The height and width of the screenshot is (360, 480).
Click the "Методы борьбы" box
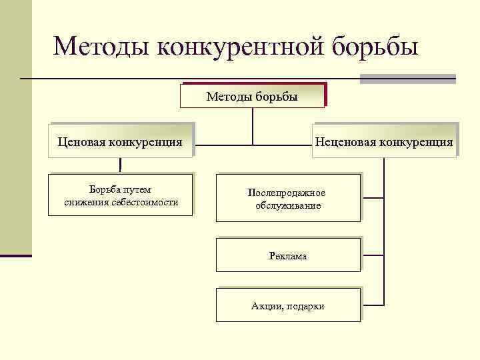(x=252, y=97)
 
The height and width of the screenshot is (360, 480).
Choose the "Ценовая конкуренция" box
(x=120, y=141)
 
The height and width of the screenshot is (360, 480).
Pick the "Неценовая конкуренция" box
(x=385, y=141)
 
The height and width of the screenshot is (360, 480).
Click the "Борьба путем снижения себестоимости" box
(x=121, y=196)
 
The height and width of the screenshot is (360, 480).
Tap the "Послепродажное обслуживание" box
(x=287, y=199)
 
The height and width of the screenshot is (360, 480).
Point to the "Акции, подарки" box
(x=288, y=306)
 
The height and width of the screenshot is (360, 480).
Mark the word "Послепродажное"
(x=287, y=193)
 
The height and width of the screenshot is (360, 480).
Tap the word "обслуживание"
(x=288, y=205)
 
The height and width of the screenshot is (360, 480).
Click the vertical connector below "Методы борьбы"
(x=253, y=125)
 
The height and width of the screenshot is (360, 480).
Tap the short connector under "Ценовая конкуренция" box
(x=120, y=165)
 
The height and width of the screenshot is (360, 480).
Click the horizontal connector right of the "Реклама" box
(x=373, y=255)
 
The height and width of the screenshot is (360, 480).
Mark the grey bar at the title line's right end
(x=407, y=79)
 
